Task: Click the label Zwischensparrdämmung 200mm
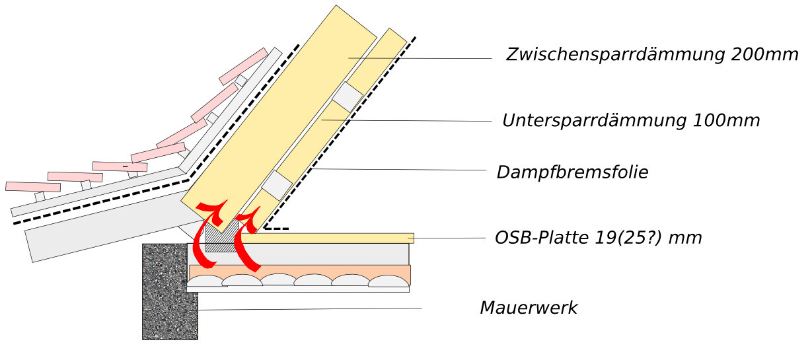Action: (651, 55)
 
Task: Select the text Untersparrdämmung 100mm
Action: (630, 121)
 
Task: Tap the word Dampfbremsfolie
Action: (572, 172)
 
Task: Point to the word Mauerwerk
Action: (528, 308)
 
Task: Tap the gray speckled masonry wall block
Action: (169, 291)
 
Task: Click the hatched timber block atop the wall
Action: (221, 237)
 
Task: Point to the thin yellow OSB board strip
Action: (330, 238)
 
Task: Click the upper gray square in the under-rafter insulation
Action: (347, 96)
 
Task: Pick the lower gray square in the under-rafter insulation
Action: (277, 185)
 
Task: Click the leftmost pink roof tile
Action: (32, 186)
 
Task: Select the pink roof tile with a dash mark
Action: (120, 166)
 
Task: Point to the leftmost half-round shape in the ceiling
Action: (205, 281)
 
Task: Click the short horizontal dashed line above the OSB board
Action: (277, 229)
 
